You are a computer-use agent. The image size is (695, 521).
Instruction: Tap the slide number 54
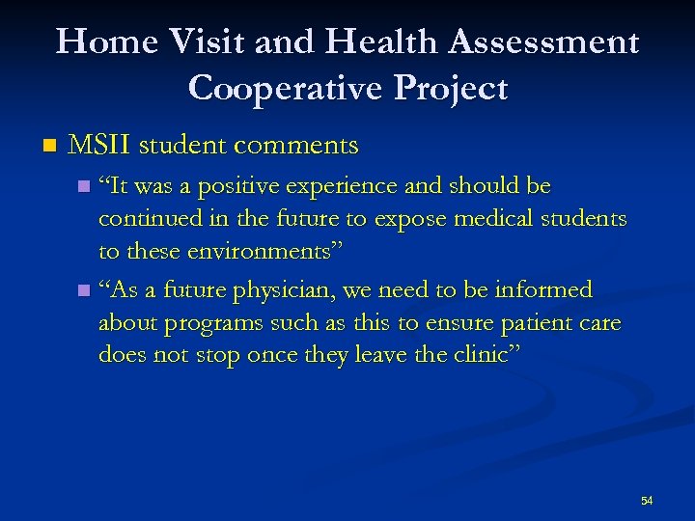pos(646,500)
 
